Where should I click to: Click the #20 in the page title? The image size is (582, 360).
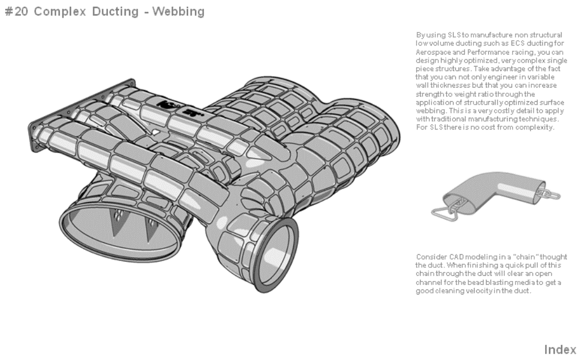point(16,11)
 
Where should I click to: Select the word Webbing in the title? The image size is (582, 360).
point(178,11)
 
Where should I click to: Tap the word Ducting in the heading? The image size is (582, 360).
point(115,11)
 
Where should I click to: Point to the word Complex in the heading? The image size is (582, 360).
point(60,11)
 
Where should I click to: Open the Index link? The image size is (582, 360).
point(560,350)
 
